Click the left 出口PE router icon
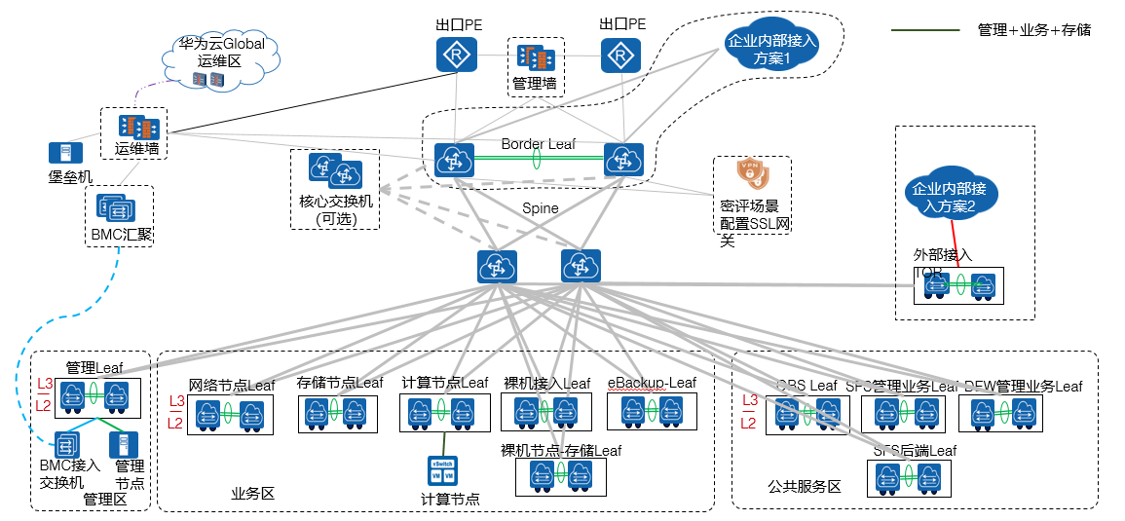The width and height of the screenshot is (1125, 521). [x=454, y=55]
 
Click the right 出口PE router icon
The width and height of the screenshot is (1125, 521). [x=619, y=55]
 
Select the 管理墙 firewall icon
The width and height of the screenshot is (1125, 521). [x=535, y=57]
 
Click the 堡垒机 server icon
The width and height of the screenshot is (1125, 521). [x=65, y=153]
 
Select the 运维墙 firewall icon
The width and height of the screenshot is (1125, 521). [x=137, y=128]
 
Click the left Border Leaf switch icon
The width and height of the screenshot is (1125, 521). [x=454, y=160]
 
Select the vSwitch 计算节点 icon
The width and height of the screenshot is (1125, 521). [x=442, y=471]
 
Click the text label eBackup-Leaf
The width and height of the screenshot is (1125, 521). [x=652, y=383]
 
